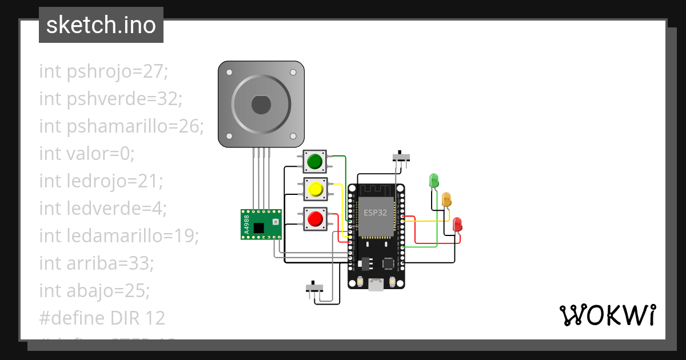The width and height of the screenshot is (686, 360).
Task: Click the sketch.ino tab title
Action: pos(101,25)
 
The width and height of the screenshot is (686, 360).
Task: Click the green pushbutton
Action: pos(314,162)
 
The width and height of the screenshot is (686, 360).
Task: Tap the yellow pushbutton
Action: pos(314,189)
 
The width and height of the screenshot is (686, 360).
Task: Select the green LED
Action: pos(434,181)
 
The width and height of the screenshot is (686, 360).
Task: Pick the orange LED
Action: pos(446,199)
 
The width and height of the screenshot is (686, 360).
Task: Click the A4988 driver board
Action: pos(261,224)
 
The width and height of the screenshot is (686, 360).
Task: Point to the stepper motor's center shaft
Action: pos(261,105)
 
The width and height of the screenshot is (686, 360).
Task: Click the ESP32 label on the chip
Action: pos(375,212)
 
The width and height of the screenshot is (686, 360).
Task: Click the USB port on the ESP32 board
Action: pos(376,283)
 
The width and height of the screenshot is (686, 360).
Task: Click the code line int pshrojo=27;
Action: pos(103,71)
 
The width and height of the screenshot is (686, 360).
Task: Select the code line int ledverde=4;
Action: pos(103,209)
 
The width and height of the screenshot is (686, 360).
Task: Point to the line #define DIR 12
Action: pos(102,318)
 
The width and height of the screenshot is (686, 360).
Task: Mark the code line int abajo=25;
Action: pos(94,290)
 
